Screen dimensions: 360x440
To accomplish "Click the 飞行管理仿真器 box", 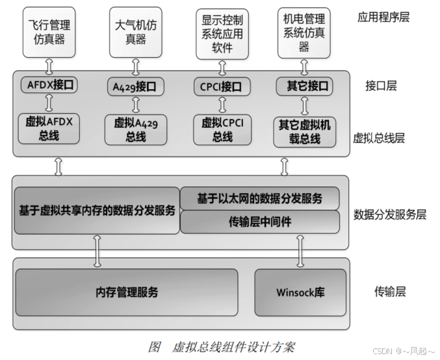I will click(x=49, y=32).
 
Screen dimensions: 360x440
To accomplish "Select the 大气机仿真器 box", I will click(x=136, y=32).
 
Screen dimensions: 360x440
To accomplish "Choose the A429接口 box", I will click(x=135, y=86).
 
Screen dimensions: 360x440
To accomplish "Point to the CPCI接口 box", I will click(x=221, y=86).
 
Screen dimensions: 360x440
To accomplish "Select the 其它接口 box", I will click(x=304, y=85).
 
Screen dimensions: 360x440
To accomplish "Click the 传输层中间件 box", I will click(x=260, y=222).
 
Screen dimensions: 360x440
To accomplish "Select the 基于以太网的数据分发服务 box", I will click(x=260, y=198).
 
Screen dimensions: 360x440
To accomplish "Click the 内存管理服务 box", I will click(x=127, y=292).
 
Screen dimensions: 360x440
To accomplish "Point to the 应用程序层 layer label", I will click(x=383, y=17).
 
